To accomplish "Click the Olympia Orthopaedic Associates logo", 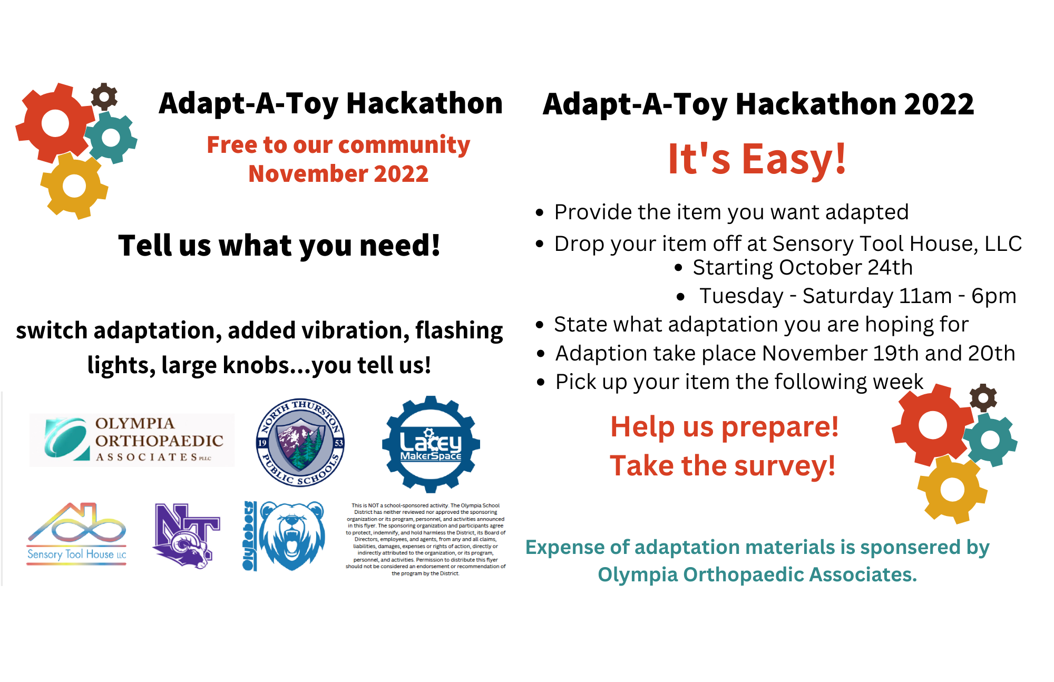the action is tap(132, 440).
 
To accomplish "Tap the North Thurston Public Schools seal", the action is tap(300, 442).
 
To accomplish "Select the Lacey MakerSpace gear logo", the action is tap(431, 444).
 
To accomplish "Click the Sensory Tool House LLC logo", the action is tap(77, 534).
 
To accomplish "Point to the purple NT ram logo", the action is tap(186, 535).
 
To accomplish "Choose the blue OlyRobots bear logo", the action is tap(284, 535).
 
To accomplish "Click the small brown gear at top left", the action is tap(104, 96).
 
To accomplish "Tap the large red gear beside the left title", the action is tap(55, 123).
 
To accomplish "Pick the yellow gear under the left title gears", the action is tap(74, 186).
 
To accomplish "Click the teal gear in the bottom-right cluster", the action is tap(990, 440).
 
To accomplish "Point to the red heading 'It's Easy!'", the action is tap(757, 159).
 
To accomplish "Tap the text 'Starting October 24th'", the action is tap(802, 268).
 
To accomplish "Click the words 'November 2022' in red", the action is tap(338, 174).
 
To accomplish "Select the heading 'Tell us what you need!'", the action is tap(279, 246).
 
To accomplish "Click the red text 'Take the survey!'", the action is tap(723, 466).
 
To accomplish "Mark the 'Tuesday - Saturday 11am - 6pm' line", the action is tap(857, 296).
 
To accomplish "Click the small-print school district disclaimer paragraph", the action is tap(425, 539).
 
